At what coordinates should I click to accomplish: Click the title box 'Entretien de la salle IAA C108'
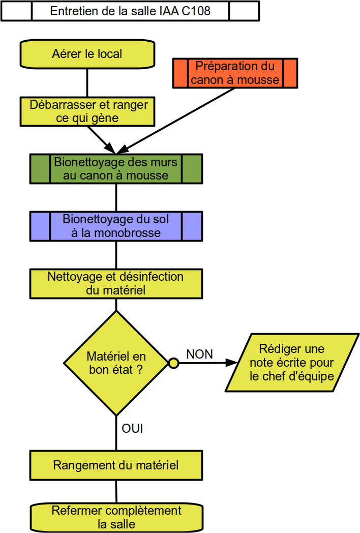130,11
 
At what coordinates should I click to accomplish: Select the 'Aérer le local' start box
87,54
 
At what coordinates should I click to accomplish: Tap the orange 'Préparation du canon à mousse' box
235,73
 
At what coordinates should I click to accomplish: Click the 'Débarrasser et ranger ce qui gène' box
87,111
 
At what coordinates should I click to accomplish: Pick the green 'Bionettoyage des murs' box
116,169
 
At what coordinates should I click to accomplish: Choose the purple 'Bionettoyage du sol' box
116,226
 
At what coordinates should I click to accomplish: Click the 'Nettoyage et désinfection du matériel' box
116,284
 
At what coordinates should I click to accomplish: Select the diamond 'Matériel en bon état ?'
116,363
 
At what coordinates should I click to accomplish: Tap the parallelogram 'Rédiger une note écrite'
292,362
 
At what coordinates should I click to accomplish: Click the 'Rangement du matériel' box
116,465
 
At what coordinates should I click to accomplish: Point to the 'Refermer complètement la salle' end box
116,517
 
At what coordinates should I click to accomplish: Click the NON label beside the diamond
199,354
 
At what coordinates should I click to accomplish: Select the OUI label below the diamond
132,428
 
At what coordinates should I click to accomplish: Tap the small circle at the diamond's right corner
174,363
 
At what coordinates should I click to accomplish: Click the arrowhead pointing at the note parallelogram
231,363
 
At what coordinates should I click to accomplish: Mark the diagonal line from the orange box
176,121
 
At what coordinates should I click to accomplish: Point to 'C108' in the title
196,11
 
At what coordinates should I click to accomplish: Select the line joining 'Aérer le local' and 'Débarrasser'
87,83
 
